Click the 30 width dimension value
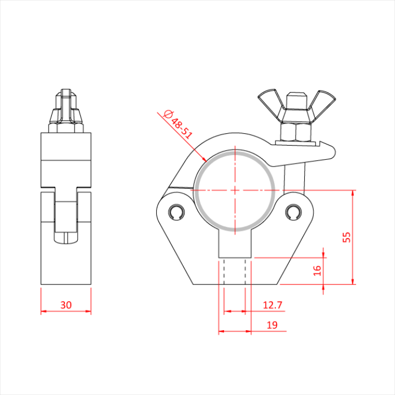[x=66, y=305]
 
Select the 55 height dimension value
[x=347, y=237]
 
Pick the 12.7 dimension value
[x=273, y=305]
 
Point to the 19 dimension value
[x=272, y=324]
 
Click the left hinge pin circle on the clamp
[x=175, y=212]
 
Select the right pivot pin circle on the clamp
[x=292, y=212]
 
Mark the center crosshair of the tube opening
[x=234, y=190]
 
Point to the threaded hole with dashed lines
[x=234, y=271]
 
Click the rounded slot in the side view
[x=67, y=220]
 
